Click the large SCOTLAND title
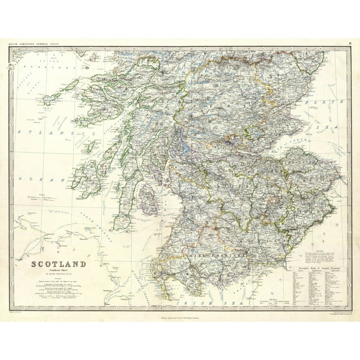tap(59, 264)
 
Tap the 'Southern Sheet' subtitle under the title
tap(59, 272)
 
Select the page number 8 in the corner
tap(348, 43)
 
